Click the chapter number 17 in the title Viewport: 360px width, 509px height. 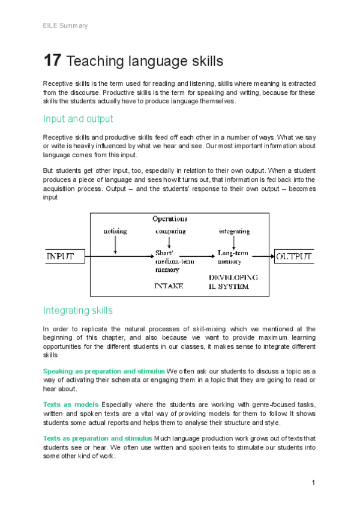[x=52, y=61]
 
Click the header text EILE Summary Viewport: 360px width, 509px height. [x=65, y=26]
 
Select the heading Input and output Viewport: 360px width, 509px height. [x=78, y=119]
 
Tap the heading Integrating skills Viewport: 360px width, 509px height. [x=77, y=310]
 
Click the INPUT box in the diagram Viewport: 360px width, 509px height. [x=61, y=257]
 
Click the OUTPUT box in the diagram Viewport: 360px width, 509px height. [x=294, y=257]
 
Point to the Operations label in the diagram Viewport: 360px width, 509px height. [x=169, y=219]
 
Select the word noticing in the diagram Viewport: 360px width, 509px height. [x=115, y=231]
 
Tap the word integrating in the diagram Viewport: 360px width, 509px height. [x=233, y=231]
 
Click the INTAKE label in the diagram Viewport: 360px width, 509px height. [x=169, y=286]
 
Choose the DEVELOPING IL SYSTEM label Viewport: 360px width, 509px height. [x=233, y=282]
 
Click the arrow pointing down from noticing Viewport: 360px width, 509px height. [x=115, y=244]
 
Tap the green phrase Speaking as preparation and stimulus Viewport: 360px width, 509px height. [x=104, y=371]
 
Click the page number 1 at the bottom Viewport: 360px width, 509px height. [x=314, y=483]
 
